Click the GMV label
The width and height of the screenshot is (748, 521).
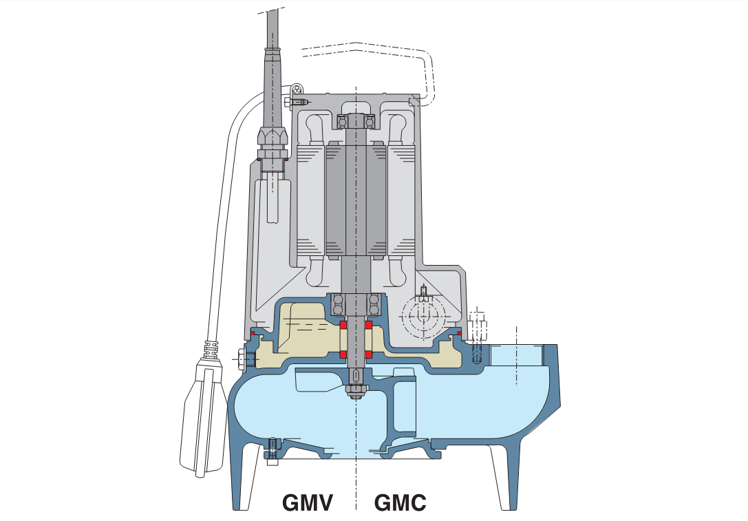click(x=308, y=502)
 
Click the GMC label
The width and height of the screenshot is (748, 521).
click(x=400, y=502)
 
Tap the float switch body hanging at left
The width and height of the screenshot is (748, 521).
click(x=204, y=420)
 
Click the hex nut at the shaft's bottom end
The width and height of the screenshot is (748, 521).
click(x=356, y=392)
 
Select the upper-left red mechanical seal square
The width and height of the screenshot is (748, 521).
click(x=343, y=324)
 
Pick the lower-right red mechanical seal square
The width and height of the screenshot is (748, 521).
click(x=369, y=354)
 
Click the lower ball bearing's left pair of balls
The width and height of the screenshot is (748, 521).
click(x=338, y=303)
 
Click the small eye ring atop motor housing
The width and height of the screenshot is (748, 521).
click(x=297, y=90)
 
